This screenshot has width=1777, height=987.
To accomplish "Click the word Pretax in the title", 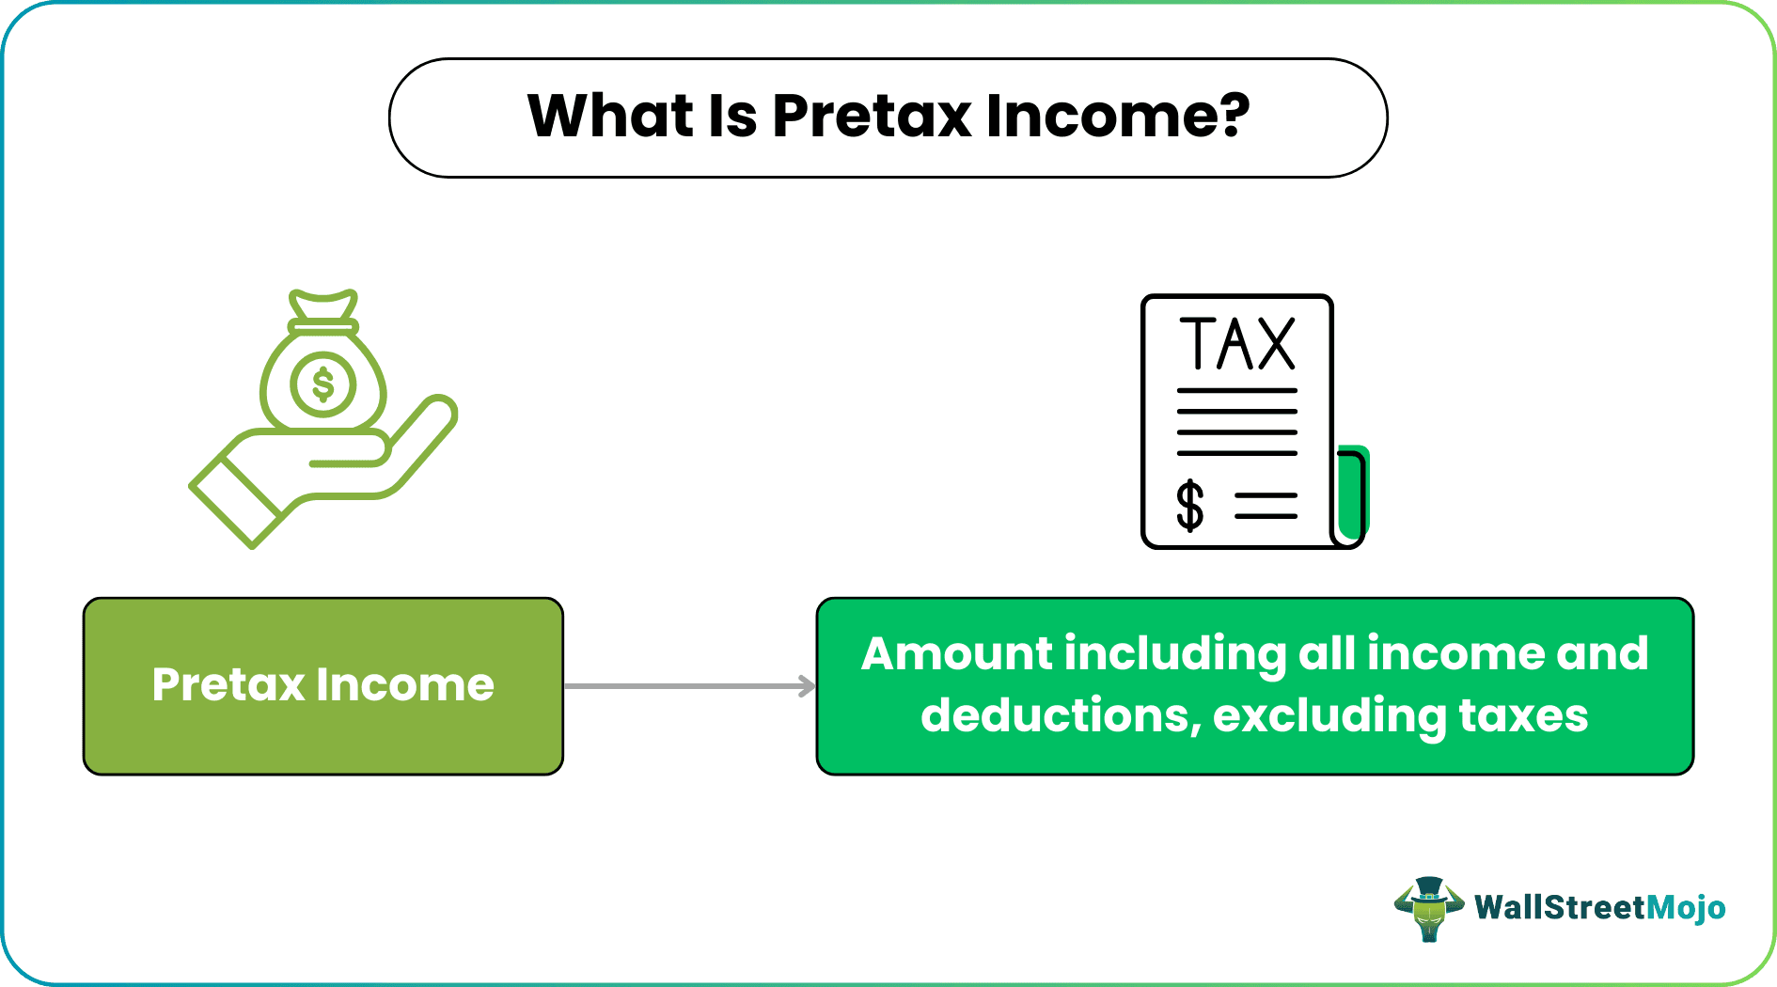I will point(871,117).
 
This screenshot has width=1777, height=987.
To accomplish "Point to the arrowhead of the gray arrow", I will point(809,686).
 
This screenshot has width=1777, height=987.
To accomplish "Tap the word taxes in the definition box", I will point(1522,715).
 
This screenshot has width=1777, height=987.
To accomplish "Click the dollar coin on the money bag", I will point(322,384).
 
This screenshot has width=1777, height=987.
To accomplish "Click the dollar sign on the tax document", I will point(1189,506).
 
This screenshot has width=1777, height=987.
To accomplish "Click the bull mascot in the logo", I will point(1428,908).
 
